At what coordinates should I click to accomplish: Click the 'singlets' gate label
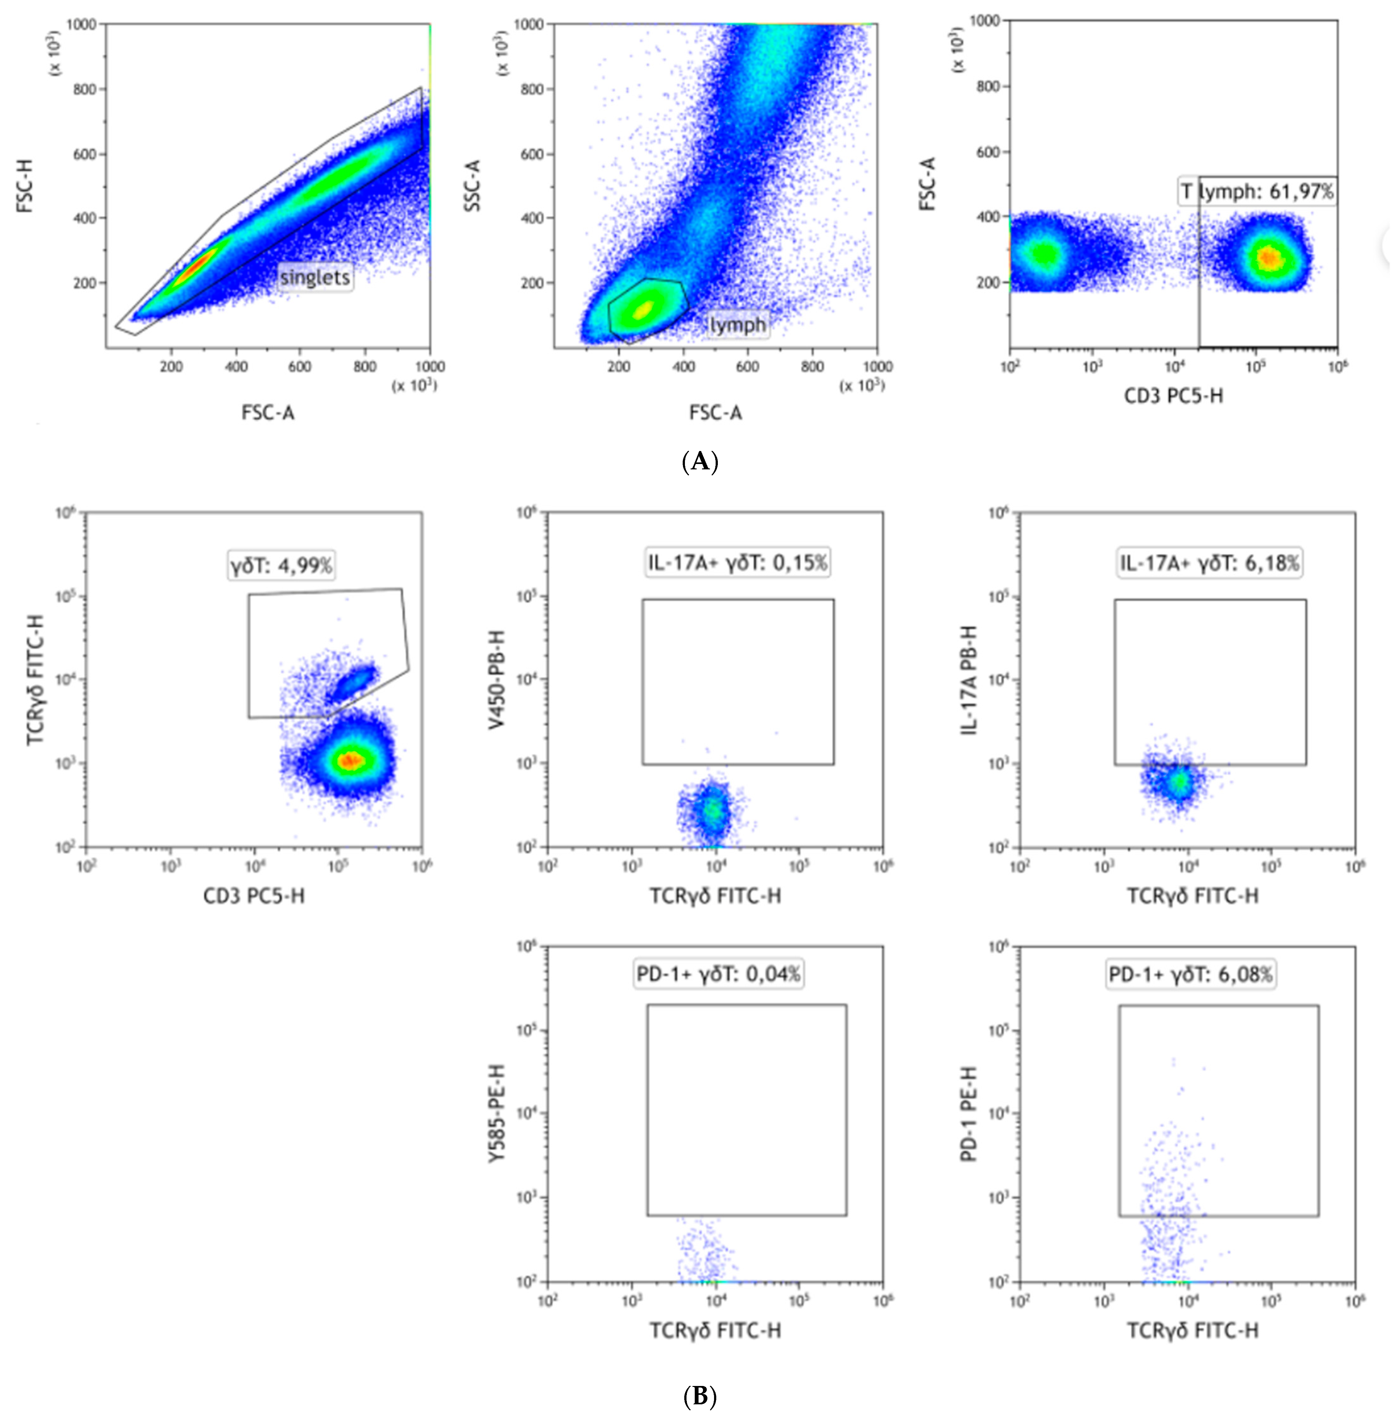pos(315,277)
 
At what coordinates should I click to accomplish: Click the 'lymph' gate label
pos(738,324)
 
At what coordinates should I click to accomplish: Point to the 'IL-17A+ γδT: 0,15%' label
pos(737,562)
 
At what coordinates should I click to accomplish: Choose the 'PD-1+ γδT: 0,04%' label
pos(719,974)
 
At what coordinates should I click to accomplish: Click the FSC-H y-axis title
pos(26,186)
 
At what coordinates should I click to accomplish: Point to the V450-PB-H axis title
pos(497,679)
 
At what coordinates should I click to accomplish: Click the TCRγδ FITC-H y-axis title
pos(35,679)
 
